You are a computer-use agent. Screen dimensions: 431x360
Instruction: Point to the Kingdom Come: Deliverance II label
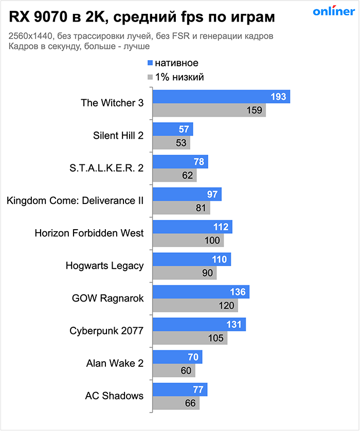75,200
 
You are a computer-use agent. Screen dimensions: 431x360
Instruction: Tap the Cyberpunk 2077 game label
106,330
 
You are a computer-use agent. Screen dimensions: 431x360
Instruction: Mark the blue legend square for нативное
150,63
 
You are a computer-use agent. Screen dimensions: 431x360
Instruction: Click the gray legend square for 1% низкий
150,78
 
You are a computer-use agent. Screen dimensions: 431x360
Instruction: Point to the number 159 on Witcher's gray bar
255,110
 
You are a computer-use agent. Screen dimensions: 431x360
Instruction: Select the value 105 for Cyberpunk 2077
216,338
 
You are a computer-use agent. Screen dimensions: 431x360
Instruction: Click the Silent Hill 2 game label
118,136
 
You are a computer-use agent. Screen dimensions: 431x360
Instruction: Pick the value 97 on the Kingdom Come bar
212,195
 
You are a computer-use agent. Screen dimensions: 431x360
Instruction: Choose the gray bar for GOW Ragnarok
195,305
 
